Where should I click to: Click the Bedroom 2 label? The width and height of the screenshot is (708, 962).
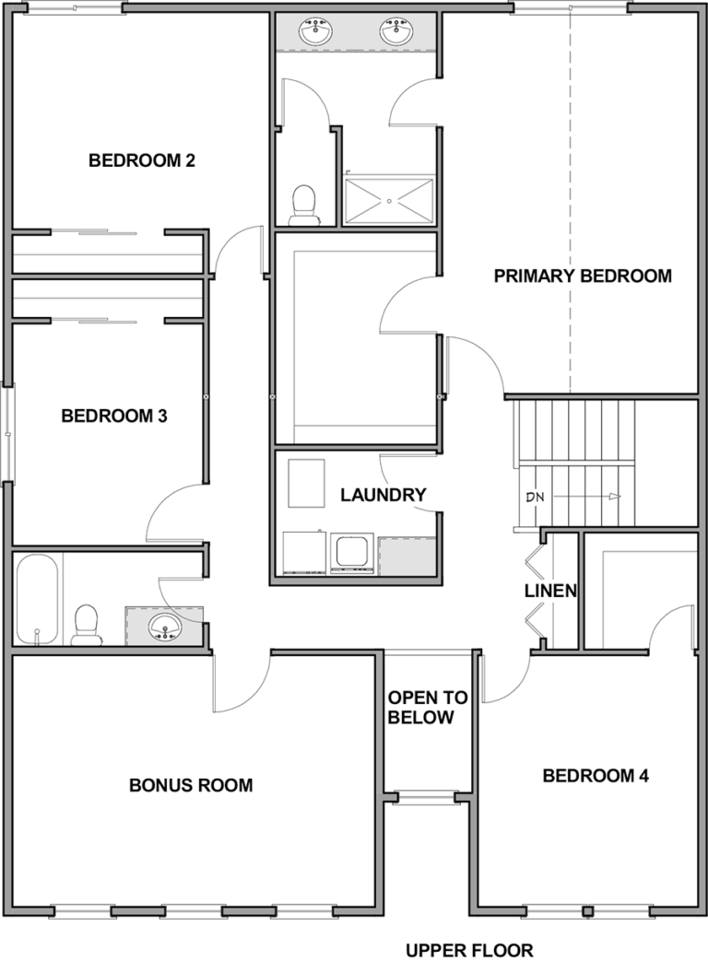[142, 160]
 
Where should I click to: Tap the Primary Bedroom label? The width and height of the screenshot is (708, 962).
[583, 276]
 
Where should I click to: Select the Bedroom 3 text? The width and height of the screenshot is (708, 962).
[114, 416]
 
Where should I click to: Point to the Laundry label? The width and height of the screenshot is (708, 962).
[383, 495]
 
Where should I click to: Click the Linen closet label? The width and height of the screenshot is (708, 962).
[550, 591]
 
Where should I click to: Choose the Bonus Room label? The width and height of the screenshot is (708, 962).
[191, 785]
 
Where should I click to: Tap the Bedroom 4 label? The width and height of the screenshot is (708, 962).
[596, 776]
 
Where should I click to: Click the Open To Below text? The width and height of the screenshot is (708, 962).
[428, 708]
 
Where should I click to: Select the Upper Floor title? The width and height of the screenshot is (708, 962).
[469, 950]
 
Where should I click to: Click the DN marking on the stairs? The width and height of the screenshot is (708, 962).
[536, 497]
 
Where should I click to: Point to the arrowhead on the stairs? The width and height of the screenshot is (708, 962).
[615, 497]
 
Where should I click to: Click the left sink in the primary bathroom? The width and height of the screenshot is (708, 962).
[315, 30]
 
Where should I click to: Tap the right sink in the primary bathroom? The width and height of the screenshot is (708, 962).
[395, 30]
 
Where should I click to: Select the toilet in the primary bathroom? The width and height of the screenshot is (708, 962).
[302, 205]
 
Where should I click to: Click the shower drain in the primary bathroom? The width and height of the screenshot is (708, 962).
[389, 201]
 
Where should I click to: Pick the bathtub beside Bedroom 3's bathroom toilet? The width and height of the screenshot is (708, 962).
[37, 599]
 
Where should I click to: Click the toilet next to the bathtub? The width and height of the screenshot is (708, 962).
[85, 625]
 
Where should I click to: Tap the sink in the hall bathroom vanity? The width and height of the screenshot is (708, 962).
[165, 628]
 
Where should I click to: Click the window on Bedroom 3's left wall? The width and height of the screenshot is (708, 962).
[7, 432]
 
